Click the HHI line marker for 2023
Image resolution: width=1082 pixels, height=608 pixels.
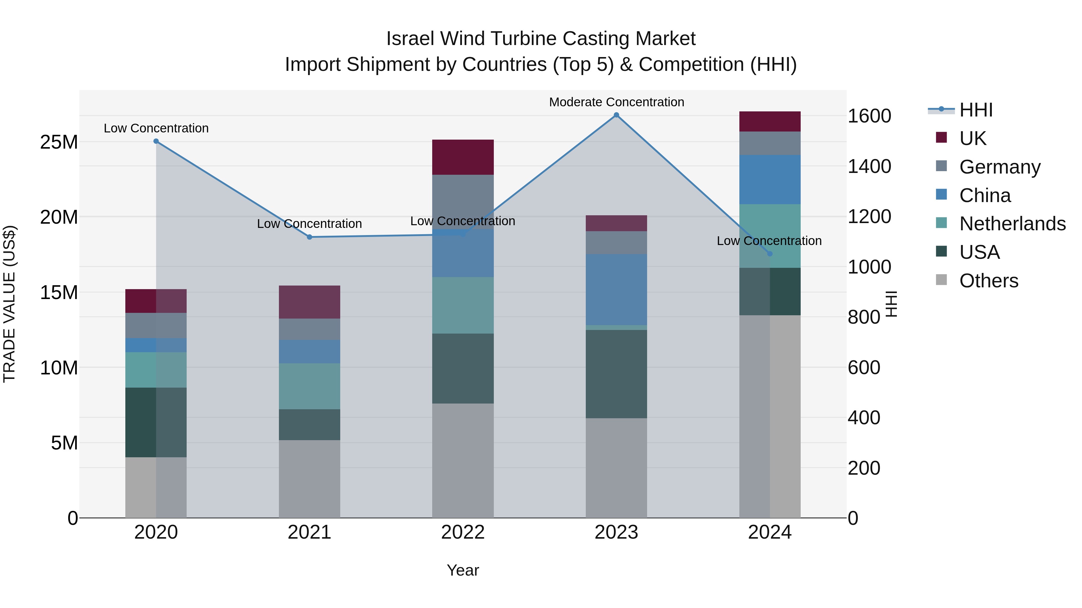tap(616, 115)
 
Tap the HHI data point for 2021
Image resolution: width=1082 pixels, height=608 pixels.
tap(310, 237)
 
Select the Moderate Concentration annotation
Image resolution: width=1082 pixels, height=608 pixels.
tap(616, 102)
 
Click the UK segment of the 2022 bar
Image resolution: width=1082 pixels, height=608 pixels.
tap(463, 157)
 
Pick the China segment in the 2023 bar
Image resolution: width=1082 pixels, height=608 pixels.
tap(616, 289)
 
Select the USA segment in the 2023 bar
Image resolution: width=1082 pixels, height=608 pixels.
tap(616, 374)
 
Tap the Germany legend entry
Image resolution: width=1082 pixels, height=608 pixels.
tap(1000, 167)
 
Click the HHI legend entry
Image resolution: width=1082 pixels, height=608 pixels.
tap(976, 110)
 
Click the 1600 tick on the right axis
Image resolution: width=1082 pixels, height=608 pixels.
tap(869, 116)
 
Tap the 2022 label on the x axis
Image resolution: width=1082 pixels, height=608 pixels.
tap(463, 532)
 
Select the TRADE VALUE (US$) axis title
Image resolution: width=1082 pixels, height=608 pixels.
tap(9, 304)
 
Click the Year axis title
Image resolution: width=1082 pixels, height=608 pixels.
tap(463, 570)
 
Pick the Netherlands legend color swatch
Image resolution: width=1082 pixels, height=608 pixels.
tap(941, 223)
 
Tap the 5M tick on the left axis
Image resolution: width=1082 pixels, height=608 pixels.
tap(64, 443)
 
